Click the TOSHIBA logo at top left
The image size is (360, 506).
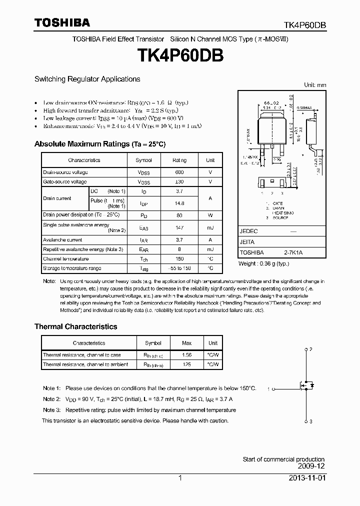[62, 22]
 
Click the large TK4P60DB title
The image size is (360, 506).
[179, 55]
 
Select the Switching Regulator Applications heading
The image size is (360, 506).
[87, 79]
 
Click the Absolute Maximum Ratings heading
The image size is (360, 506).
[99, 144]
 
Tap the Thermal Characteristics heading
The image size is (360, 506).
[75, 326]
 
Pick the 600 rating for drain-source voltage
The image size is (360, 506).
[179, 172]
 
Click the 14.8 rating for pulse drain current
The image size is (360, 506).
[179, 203]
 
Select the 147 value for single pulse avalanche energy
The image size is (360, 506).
[179, 228]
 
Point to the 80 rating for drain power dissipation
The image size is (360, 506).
[179, 215]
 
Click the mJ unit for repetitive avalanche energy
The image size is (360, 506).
[210, 249]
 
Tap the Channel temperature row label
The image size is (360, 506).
[65, 259]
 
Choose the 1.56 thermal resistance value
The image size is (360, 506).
[186, 355]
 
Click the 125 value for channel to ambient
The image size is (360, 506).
[186, 364]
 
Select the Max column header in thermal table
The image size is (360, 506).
[186, 343]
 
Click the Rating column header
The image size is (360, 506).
[179, 160]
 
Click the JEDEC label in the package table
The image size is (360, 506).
[248, 232]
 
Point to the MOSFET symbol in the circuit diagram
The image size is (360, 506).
[306, 385]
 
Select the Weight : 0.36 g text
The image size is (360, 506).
[264, 263]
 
